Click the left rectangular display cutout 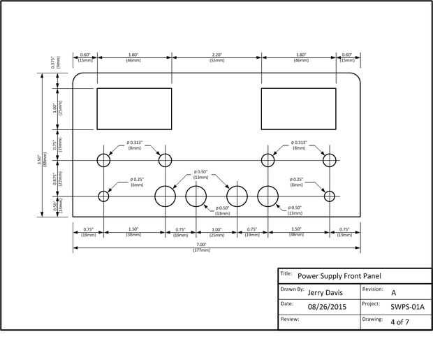click(133, 108)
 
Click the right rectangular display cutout click(298, 108)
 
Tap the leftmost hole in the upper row click(103, 160)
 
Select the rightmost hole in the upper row click(329, 160)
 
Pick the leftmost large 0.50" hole click(166, 196)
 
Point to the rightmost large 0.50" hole click(267, 196)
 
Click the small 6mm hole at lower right click(329, 195)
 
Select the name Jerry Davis click(325, 293)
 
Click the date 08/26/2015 click(328, 306)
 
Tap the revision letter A click(394, 293)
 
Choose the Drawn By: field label click(292, 289)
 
